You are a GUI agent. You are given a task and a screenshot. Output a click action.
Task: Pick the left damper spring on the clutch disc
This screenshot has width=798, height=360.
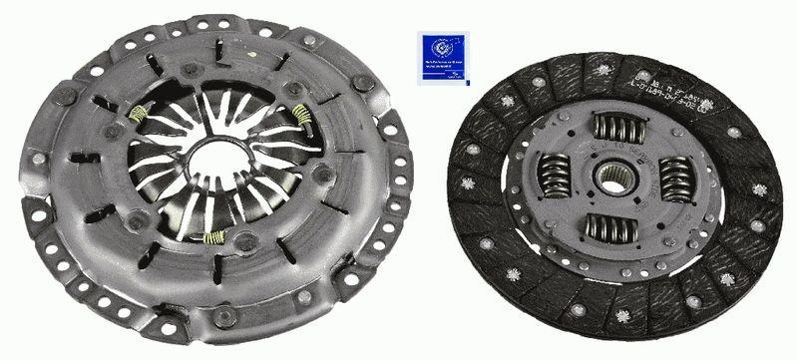(x=554, y=177)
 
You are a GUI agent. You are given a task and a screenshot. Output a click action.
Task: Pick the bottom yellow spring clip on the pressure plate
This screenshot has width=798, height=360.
(x=212, y=236)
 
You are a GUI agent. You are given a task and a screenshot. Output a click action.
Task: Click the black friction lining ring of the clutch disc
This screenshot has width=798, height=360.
(x=499, y=249)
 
